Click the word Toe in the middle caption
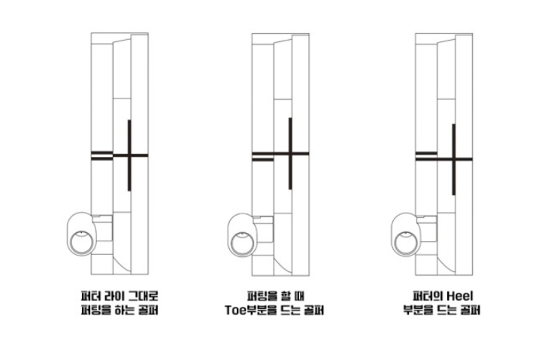pyautogui.click(x=235, y=310)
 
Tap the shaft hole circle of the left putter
pyautogui.click(x=82, y=242)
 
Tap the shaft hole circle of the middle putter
pyautogui.click(x=242, y=243)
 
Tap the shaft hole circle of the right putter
pyautogui.click(x=406, y=243)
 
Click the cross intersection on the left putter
pyautogui.click(x=129, y=155)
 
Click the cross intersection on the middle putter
pyautogui.click(x=290, y=153)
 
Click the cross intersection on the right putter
pyautogui.click(x=454, y=159)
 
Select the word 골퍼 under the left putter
pyautogui.click(x=148, y=310)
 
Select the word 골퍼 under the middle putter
pyautogui.click(x=314, y=310)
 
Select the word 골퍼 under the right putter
pyautogui.click(x=471, y=310)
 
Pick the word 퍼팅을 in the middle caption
pyautogui.click(x=262, y=295)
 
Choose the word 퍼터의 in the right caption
pyautogui.click(x=428, y=295)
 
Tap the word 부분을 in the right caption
pyautogui.click(x=418, y=310)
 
